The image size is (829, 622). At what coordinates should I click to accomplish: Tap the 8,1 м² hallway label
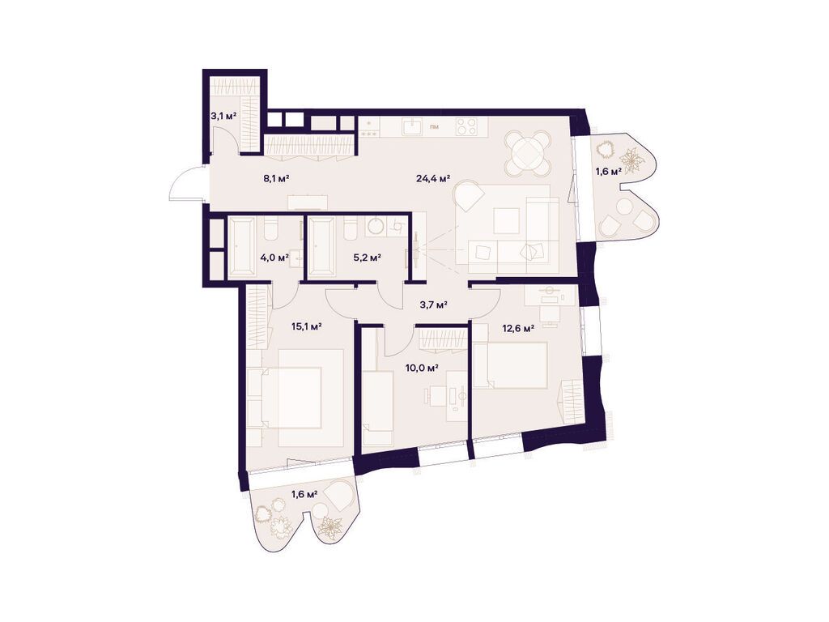coord(276,179)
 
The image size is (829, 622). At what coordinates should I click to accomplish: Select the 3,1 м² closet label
coord(223,117)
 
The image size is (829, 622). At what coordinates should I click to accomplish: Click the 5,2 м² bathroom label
coord(368,258)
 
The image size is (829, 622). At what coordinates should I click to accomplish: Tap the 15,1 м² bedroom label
coord(308,326)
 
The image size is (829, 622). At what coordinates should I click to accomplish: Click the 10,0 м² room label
coord(422,368)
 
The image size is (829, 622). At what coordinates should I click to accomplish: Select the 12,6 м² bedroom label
coord(518,328)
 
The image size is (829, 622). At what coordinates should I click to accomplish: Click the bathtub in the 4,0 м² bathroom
coord(241,245)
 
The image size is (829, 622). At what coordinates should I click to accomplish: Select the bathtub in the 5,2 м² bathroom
coord(322,245)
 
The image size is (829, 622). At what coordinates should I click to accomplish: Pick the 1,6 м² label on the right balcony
coord(609,172)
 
